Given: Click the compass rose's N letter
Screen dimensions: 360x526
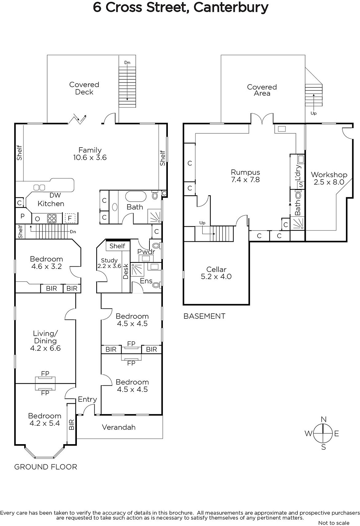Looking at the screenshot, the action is tap(324, 419).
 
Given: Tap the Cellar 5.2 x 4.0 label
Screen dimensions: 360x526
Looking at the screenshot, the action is tap(216, 273).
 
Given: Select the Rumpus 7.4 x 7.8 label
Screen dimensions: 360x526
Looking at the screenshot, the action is tap(245, 176).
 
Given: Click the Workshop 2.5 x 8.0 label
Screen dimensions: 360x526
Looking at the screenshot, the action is tap(329, 178).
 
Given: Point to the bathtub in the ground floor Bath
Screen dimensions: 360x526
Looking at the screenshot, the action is tap(136, 196).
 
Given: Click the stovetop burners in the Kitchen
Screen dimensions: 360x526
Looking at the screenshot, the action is tap(52, 218).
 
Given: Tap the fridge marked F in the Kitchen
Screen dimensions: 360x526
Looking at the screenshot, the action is tap(70, 218).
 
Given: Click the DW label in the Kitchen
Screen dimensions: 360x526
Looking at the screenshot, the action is tap(55, 195).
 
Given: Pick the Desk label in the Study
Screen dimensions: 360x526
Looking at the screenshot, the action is tap(126, 272).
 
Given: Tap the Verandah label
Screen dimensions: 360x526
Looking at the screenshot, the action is tap(119, 427).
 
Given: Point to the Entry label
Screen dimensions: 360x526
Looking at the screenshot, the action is tap(87, 399).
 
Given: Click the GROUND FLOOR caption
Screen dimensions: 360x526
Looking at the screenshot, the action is tap(46, 467).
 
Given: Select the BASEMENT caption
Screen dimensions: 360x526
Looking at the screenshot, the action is tap(204, 316).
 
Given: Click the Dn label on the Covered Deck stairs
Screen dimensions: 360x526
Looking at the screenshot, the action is tap(127, 62).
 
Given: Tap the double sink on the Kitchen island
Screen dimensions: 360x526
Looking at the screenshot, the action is tap(39, 187).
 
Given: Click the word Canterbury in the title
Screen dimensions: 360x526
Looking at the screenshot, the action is tap(231, 8).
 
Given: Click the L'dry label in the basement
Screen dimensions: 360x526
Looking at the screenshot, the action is tap(298, 173).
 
